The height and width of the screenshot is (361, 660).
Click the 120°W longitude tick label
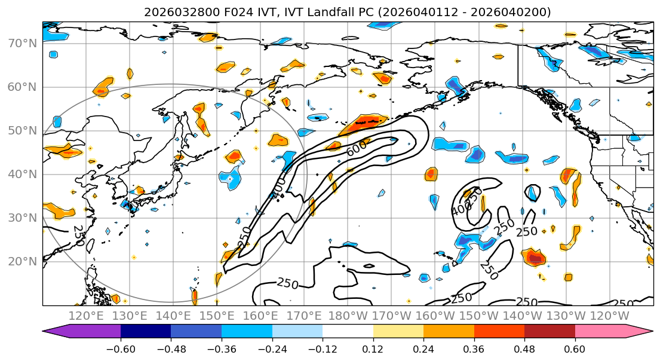click(x=609, y=316)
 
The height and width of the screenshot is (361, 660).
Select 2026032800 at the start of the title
click(x=173, y=12)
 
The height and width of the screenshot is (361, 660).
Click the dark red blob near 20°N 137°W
click(x=535, y=258)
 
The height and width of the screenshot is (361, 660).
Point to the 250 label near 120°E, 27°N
click(x=79, y=235)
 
